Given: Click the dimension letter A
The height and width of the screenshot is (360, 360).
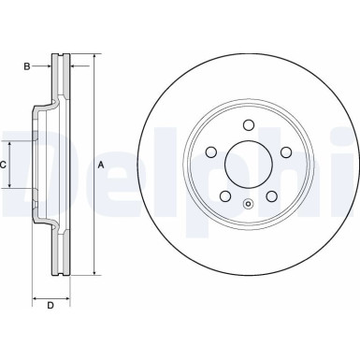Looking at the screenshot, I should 101,166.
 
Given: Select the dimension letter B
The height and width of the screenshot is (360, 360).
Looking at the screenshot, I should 29,66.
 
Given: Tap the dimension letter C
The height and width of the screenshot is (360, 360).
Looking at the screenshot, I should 4,165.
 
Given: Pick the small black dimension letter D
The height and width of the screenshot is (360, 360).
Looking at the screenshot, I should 51,305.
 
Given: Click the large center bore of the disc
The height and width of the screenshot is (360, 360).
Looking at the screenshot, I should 248,166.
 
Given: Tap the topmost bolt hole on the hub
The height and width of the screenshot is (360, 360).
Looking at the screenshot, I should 248,125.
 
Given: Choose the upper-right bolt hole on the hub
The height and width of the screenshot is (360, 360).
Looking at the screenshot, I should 286,153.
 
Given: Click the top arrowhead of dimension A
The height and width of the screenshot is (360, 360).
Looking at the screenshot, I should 94,59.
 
